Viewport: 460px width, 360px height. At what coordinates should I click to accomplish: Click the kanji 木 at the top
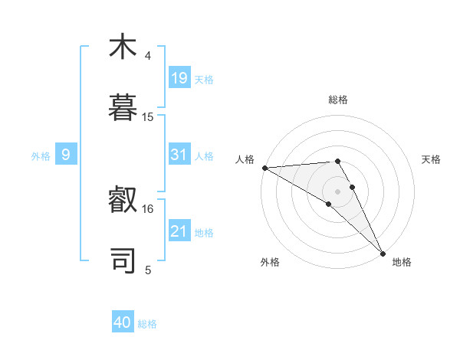coord(123,47)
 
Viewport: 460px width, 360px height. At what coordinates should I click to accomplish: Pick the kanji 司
coord(123,259)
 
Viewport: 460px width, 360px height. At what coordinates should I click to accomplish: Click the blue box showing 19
coord(179,78)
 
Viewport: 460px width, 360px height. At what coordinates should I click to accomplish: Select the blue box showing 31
coord(179,155)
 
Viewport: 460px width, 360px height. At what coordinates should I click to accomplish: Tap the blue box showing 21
coord(179,231)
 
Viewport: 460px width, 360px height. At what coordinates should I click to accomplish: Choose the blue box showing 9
coord(66,155)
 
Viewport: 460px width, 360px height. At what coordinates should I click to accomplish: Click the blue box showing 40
coord(123,322)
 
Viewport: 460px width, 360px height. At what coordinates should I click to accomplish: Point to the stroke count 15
coord(148,117)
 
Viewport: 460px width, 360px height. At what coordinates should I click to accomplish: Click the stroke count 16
coord(148,208)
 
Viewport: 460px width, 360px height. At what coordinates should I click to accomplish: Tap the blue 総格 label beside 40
coord(147,324)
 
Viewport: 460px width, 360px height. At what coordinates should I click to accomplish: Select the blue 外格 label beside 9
coord(41,156)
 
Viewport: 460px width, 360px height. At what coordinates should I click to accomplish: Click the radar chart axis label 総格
coord(338,100)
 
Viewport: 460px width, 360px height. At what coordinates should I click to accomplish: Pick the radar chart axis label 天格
coord(431,159)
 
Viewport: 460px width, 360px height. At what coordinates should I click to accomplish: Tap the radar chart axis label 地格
coord(402,262)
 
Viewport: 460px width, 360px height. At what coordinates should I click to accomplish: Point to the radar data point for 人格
coord(264,168)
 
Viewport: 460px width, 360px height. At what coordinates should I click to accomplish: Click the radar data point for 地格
coord(383,253)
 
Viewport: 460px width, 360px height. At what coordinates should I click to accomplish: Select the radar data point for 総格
coord(337,161)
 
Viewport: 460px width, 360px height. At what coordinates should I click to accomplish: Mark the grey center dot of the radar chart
coord(338,191)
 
